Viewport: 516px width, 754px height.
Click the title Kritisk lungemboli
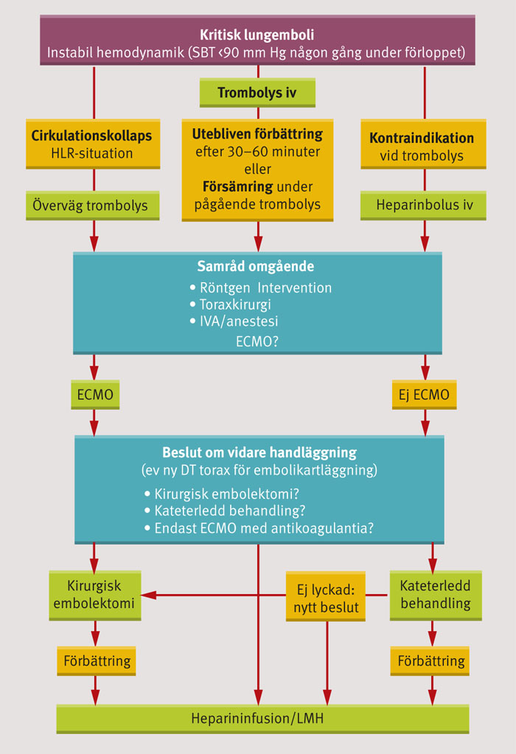click(257, 34)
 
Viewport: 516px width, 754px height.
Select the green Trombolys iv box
click(257, 93)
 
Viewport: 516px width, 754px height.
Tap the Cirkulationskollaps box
click(92, 144)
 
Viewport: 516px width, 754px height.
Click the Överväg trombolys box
click(92, 206)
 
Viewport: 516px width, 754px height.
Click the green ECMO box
click(95, 395)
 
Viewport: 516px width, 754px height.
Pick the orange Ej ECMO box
click(424, 395)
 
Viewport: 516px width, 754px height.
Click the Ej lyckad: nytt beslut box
click(326, 595)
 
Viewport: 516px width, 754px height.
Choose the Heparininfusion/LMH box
click(262, 718)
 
